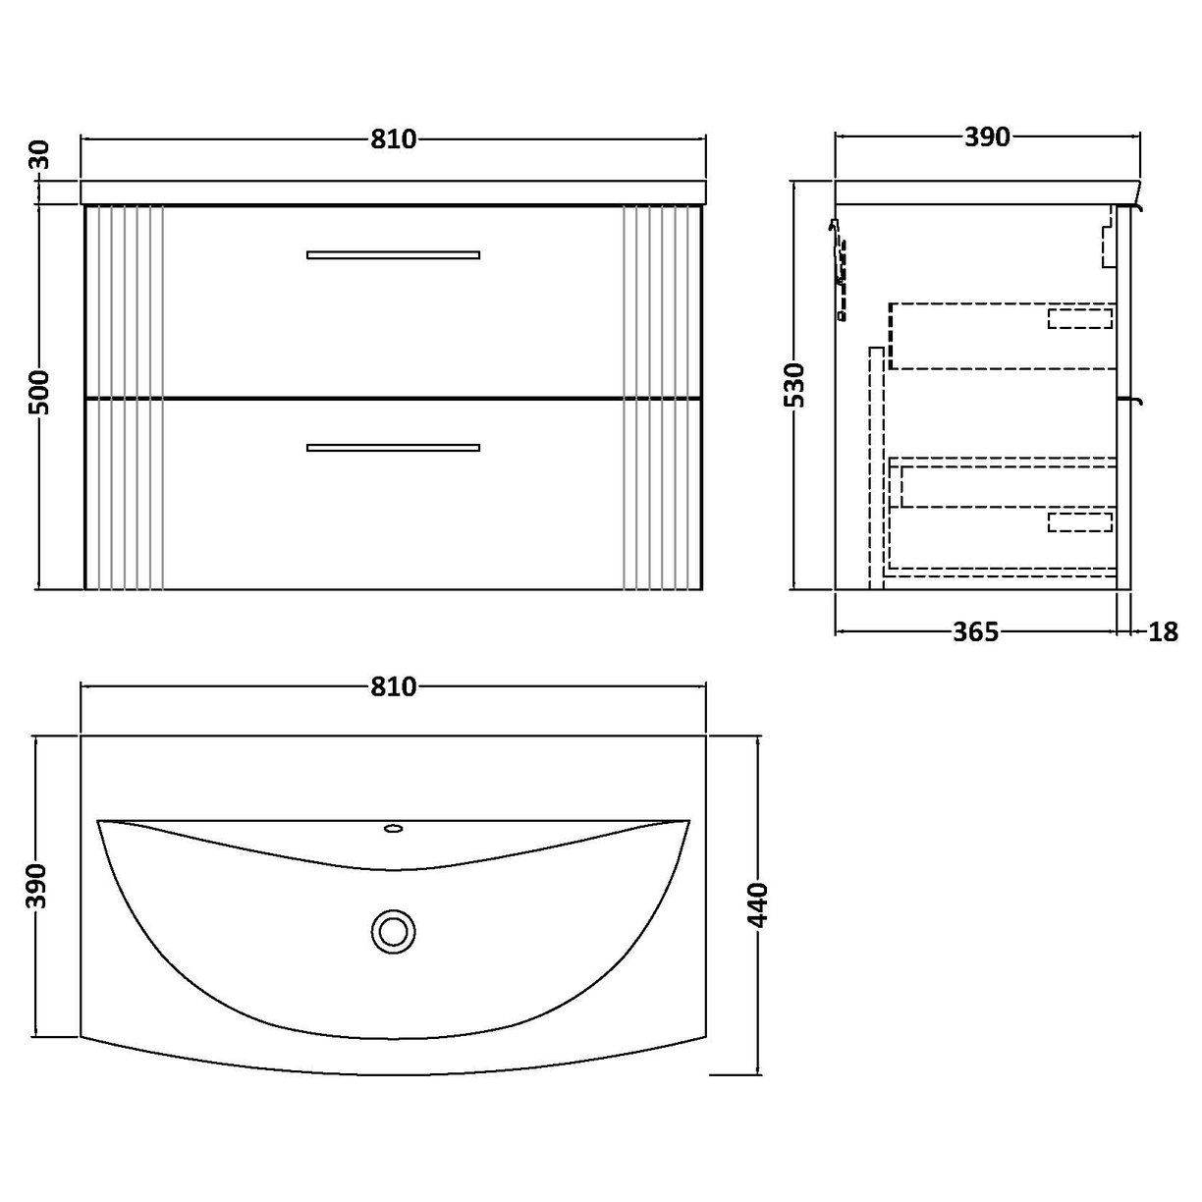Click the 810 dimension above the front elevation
(x=394, y=138)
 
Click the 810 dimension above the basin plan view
(x=394, y=686)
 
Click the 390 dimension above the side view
(x=987, y=137)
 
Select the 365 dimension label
(x=975, y=631)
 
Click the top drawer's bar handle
(x=393, y=254)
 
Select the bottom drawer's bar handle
(x=393, y=448)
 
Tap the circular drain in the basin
(x=394, y=928)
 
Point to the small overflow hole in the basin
(x=394, y=829)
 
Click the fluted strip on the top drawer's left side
(x=125, y=300)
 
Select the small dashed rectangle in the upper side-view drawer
(x=1079, y=317)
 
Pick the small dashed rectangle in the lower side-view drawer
(x=1079, y=521)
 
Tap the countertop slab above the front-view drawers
(x=393, y=191)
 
